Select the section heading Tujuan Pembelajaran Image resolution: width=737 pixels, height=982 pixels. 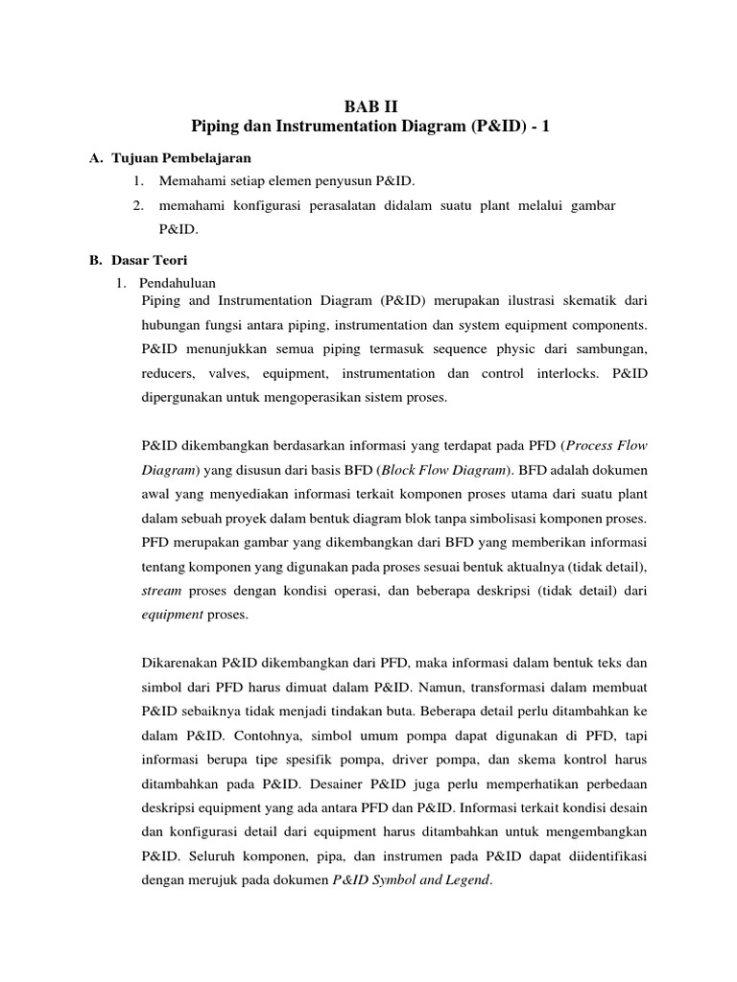[x=181, y=158]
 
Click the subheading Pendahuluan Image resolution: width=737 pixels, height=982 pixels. [x=178, y=283]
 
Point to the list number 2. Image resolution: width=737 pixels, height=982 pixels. [x=139, y=205]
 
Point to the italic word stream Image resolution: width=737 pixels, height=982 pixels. [x=160, y=592]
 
